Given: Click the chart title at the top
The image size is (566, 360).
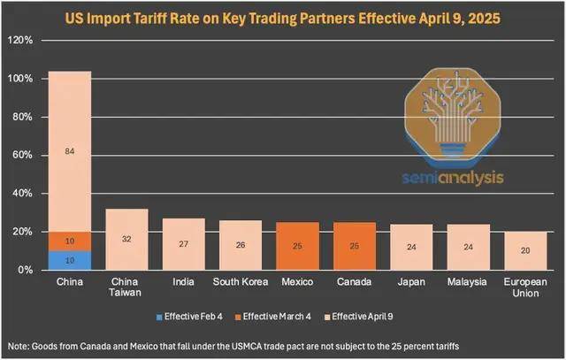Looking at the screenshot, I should pos(283,15).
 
